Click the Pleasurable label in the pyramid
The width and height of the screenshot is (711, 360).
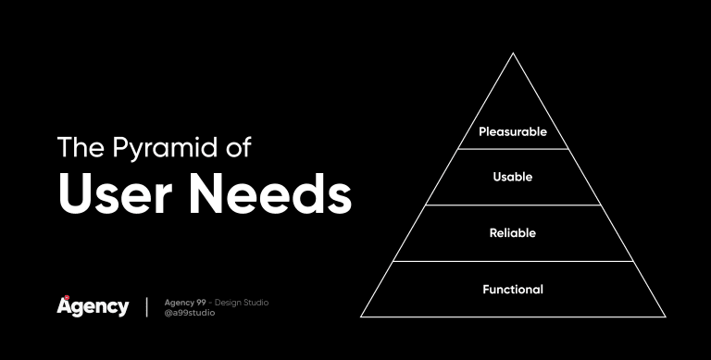pyautogui.click(x=512, y=131)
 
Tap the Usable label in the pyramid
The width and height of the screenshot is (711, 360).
pyautogui.click(x=513, y=177)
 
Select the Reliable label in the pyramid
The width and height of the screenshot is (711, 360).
pyautogui.click(x=513, y=232)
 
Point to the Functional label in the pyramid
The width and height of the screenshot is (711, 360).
pyautogui.click(x=513, y=289)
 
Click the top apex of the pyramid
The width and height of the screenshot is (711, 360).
pyautogui.click(x=513, y=53)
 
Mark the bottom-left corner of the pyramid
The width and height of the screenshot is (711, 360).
pyautogui.click(x=360, y=317)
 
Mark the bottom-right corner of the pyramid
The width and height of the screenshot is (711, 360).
pyautogui.click(x=666, y=317)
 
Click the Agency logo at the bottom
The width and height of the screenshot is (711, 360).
pyautogui.click(x=93, y=306)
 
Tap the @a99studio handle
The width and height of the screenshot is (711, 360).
pyautogui.click(x=190, y=313)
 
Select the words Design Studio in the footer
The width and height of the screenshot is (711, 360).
pyautogui.click(x=243, y=302)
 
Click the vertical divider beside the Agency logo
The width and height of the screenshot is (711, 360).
pyautogui.click(x=146, y=307)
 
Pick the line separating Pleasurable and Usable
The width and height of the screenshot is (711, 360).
pyautogui.click(x=513, y=149)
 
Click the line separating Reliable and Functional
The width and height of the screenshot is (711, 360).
pyautogui.click(x=513, y=261)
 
